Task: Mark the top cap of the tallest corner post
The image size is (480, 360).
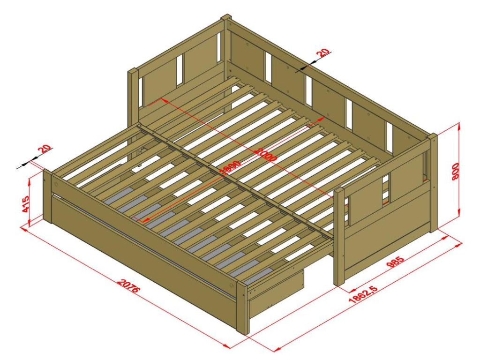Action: tap(226, 17)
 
